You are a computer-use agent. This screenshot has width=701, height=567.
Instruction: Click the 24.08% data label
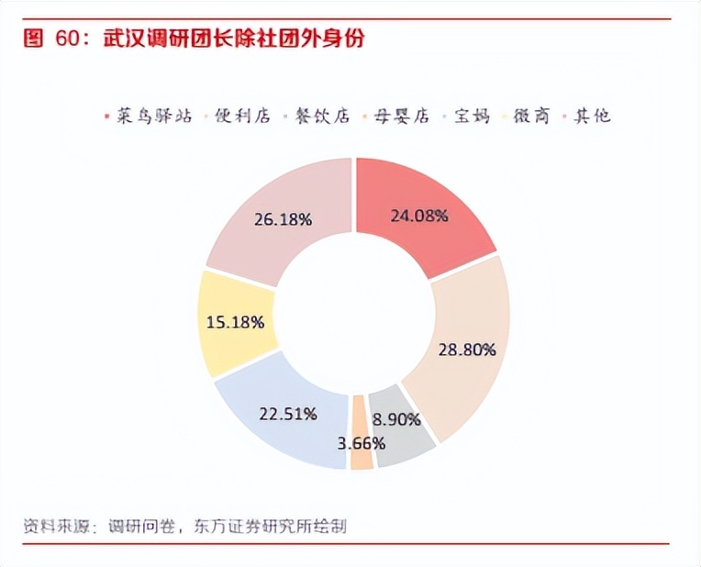click(418, 216)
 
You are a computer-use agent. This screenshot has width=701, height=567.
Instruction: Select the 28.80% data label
click(466, 350)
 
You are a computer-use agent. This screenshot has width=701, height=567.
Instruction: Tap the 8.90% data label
click(396, 419)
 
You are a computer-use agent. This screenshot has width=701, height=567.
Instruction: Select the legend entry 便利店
click(242, 116)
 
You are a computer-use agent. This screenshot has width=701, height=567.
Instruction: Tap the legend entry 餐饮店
click(321, 116)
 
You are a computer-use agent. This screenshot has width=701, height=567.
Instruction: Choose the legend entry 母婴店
click(400, 116)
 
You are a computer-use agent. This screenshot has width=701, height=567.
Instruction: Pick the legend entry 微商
click(531, 116)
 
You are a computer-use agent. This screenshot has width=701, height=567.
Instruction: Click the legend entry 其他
click(591, 116)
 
